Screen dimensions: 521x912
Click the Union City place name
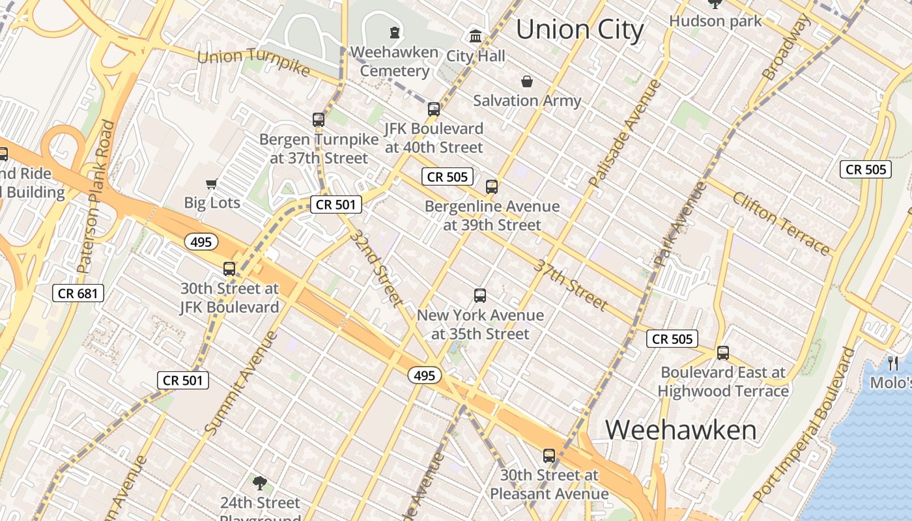pos(580,29)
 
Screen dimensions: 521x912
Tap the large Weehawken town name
pos(681,430)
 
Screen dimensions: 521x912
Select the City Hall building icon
pos(476,36)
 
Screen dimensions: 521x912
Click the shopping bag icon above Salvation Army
pos(526,81)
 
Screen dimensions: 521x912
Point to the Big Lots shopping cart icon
pos(211,184)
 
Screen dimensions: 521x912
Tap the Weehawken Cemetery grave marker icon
pos(394,32)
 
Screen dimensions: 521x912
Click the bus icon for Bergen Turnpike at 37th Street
pos(319,120)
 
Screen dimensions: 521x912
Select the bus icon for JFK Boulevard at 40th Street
pos(434,109)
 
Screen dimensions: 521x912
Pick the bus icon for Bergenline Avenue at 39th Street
pos(492,187)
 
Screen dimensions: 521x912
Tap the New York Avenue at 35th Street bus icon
pos(480,296)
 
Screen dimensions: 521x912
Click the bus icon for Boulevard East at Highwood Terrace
pos(722,353)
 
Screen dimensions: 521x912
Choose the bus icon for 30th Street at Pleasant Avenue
pos(549,456)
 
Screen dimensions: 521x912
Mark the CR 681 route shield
pos(78,293)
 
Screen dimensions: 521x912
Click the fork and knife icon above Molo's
pos(893,363)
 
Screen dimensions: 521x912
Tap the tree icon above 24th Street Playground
pos(260,483)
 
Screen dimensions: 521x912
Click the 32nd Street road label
pos(377,267)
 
